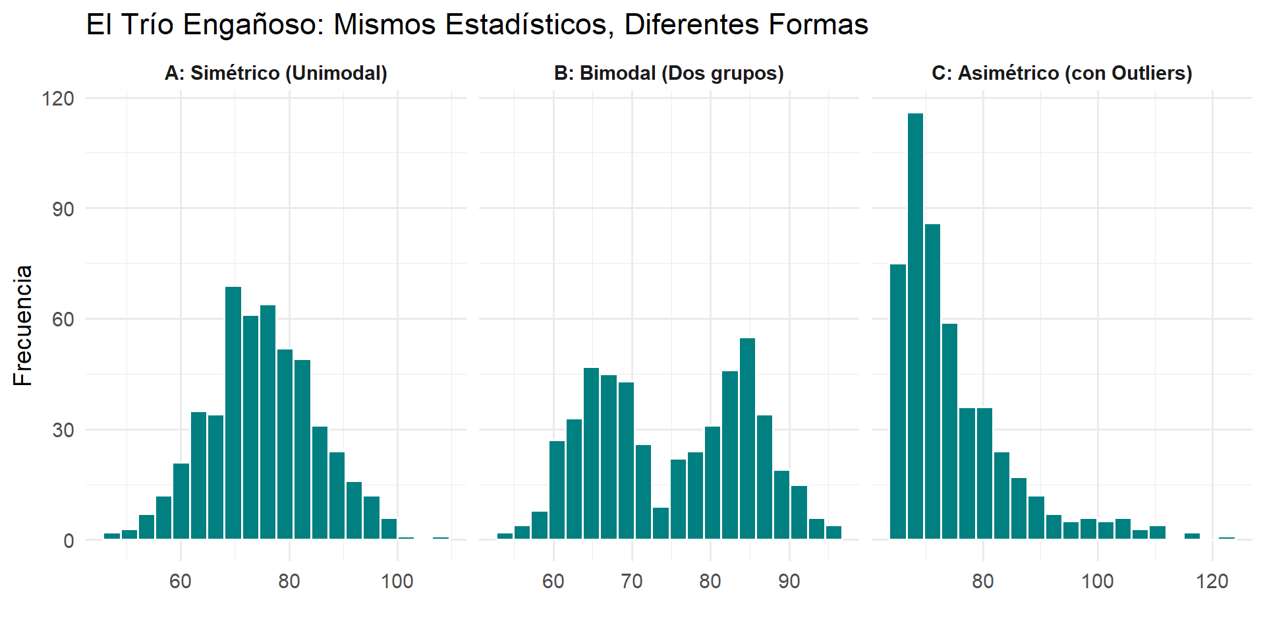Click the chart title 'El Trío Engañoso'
point(476,25)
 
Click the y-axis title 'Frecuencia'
point(23,325)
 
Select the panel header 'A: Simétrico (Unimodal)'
point(276,73)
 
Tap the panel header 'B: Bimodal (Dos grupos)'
point(669,73)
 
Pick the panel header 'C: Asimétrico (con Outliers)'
point(1061,73)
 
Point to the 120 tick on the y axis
point(58,99)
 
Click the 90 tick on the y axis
point(63,209)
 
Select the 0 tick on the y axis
point(69,541)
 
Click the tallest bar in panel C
point(915,326)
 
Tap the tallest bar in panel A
point(233,413)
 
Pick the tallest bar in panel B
point(747,438)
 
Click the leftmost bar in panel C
point(898,402)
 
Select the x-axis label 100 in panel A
point(397,582)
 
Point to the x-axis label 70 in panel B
point(632,582)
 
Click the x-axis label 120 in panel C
point(1212,582)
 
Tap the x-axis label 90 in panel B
point(789,582)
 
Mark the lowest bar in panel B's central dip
point(661,523)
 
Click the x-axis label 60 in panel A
point(181,582)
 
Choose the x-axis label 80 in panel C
point(983,582)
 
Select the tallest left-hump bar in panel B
point(591,454)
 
